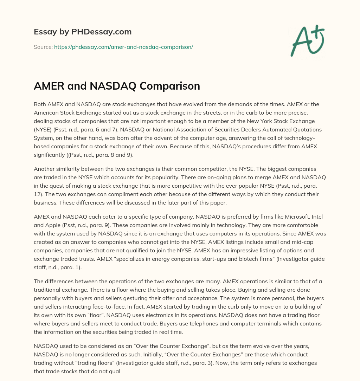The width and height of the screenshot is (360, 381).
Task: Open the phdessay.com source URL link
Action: click(x=123, y=47)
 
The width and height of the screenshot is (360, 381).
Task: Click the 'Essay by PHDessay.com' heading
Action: click(x=83, y=32)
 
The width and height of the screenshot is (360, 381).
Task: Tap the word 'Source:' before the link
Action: click(x=43, y=47)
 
